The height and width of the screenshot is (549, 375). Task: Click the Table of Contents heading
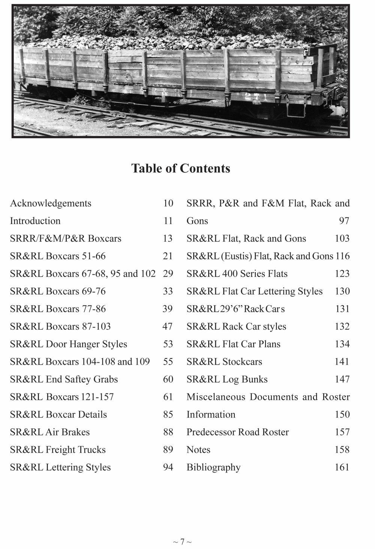coord(180,168)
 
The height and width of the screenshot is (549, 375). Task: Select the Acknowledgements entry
coord(51,203)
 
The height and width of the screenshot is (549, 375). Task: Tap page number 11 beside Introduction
coord(168,221)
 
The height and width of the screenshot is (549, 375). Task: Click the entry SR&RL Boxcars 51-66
coord(58,256)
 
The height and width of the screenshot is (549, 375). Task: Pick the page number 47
coord(167,326)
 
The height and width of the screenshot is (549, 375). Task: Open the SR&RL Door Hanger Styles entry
coord(68,344)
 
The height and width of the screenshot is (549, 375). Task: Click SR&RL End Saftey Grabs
coord(64,379)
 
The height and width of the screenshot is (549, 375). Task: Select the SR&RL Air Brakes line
coord(50,432)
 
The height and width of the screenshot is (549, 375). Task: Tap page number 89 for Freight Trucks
coord(168,450)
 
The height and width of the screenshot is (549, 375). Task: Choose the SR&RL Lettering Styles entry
coord(60,467)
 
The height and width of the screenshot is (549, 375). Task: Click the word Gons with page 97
coord(197,221)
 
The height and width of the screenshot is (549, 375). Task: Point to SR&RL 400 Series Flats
coord(237,274)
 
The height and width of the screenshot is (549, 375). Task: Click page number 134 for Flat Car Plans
coord(342,344)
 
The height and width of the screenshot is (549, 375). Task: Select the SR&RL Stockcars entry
coord(224,362)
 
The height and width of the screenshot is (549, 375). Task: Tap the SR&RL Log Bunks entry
coord(227,379)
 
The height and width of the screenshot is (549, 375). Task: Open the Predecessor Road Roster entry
coord(238,432)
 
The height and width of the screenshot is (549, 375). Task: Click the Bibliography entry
coord(213,467)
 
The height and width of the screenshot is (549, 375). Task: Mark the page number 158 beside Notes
coord(342,450)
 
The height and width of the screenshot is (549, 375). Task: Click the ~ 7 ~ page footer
coord(182,542)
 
